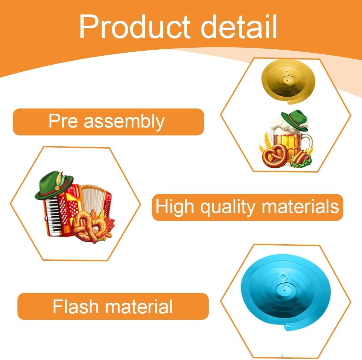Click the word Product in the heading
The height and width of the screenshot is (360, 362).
[135, 27]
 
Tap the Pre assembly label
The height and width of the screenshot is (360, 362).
[108, 122]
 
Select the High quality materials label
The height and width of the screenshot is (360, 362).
[247, 207]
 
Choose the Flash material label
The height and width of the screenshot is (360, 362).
[113, 306]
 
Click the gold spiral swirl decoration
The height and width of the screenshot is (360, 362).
[288, 81]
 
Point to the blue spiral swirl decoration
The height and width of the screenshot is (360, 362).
[286, 291]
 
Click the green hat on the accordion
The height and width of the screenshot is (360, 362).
[54, 185]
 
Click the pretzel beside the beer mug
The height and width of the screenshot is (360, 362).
[275, 156]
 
